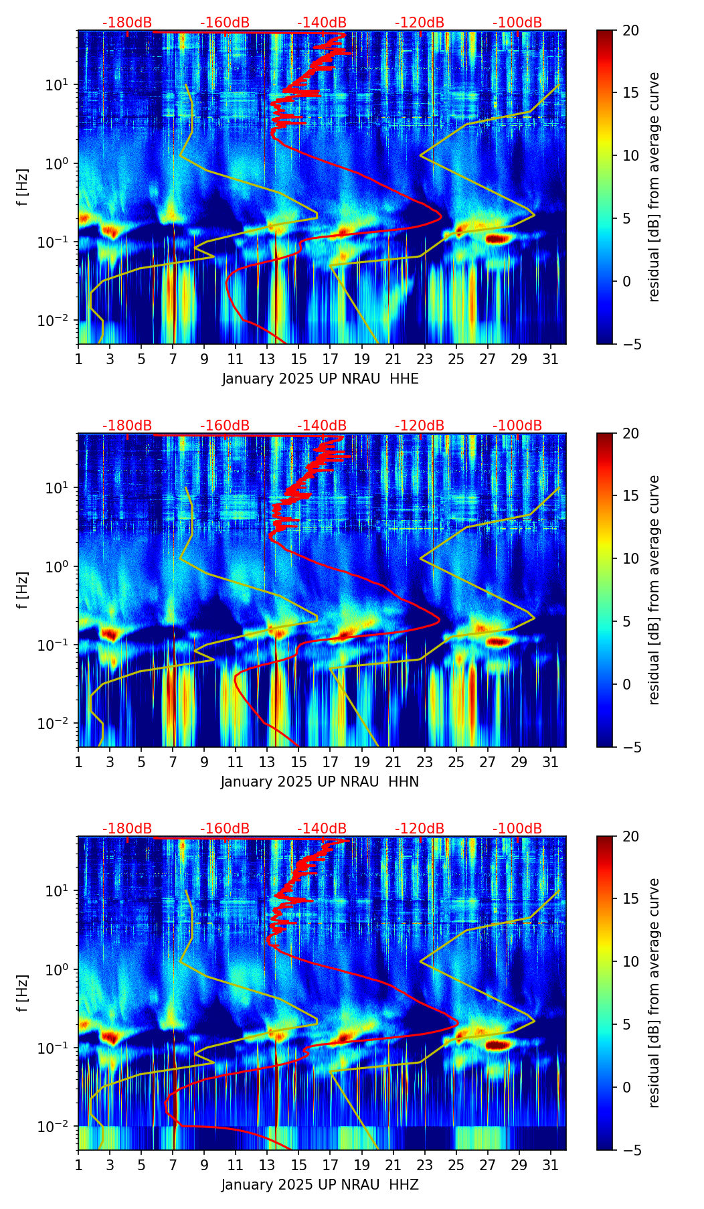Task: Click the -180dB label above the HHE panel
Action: click(x=127, y=23)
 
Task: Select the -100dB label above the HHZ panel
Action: click(x=517, y=829)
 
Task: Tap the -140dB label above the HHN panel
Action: click(x=322, y=426)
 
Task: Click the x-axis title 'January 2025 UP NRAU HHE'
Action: click(x=320, y=379)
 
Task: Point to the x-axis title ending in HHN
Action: click(x=320, y=782)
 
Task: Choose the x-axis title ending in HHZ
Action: click(x=320, y=1185)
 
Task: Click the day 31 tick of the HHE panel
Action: click(x=551, y=359)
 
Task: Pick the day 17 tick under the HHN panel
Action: click(x=331, y=762)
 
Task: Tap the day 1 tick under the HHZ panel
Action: click(x=78, y=1165)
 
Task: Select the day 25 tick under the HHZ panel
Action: click(x=456, y=1165)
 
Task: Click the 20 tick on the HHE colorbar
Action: click(x=630, y=30)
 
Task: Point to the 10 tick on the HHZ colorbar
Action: click(x=630, y=961)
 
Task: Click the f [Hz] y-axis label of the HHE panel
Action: click(x=23, y=187)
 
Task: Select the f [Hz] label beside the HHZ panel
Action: click(x=23, y=993)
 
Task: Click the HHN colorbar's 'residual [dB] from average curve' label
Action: click(x=654, y=590)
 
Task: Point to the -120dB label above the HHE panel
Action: click(x=420, y=23)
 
